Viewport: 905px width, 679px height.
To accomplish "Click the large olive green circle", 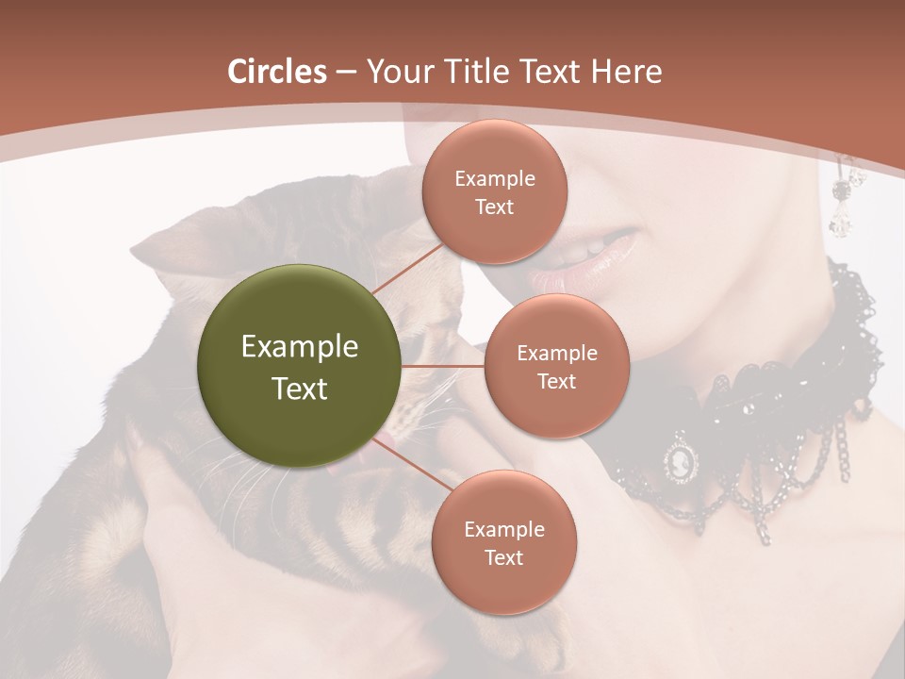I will point(300,366).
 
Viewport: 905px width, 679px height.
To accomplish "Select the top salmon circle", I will point(494,191).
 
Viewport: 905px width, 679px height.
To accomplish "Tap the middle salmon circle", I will point(556,366).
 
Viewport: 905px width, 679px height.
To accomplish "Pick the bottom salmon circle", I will point(503,542).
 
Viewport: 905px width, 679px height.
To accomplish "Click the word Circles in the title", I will point(277,72).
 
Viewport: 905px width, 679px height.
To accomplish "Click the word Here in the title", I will point(627,72).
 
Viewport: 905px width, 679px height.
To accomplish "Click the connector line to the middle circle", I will point(443,366).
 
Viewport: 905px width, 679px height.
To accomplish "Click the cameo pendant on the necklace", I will point(682,461).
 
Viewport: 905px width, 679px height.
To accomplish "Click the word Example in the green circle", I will point(300,347).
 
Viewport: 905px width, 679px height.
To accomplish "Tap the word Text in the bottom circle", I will point(503,557).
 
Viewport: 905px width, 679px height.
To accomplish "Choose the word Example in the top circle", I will point(494,178).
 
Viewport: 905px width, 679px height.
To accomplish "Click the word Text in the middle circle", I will point(556,381).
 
